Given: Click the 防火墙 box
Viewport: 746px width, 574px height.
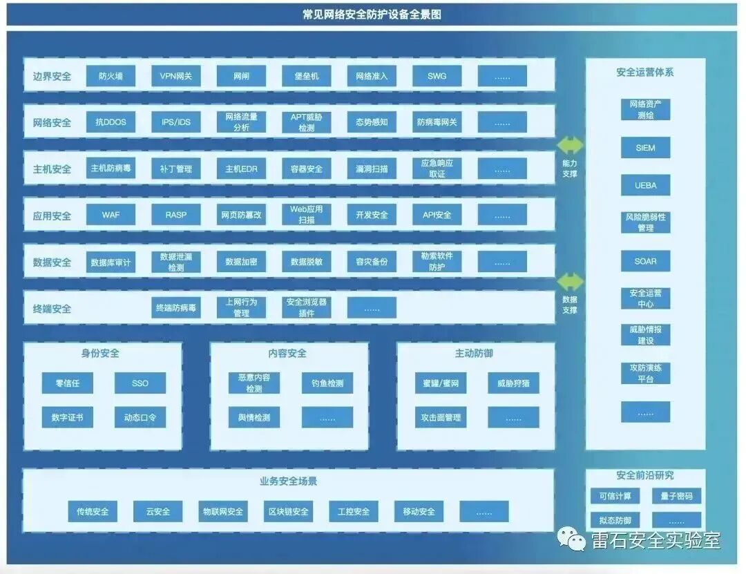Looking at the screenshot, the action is (x=111, y=76).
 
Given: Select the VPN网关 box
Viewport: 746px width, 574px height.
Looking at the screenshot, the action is (x=176, y=76).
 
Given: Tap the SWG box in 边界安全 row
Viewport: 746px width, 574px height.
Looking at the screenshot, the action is (x=437, y=76).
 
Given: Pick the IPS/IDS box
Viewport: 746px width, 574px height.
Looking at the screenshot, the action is (x=176, y=122).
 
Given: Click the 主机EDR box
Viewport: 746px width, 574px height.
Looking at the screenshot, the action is (x=241, y=169).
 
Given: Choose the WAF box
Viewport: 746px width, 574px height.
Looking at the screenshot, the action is (x=111, y=215).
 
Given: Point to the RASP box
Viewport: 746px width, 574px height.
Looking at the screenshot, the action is (x=176, y=215).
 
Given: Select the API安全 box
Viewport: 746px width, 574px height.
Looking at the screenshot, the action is (x=437, y=215).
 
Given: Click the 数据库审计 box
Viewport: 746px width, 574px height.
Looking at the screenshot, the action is (x=111, y=262).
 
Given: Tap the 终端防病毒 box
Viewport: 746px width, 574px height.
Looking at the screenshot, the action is (x=176, y=308).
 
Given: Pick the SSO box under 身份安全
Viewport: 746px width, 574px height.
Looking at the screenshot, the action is (x=140, y=383).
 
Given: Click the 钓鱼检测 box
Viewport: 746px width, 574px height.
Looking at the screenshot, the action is (x=327, y=383).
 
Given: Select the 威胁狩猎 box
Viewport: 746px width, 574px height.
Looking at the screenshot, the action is (x=513, y=383).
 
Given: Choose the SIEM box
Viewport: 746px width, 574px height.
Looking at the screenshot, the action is (x=645, y=148).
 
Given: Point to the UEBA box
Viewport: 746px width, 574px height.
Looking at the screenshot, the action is (x=645, y=185).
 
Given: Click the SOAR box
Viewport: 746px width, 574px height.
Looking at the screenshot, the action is (x=645, y=261).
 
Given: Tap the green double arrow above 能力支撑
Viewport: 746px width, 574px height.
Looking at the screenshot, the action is (x=570, y=145).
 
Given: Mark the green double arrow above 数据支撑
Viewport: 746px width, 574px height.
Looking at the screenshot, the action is (x=570, y=281).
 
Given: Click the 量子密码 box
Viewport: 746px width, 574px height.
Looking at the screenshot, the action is (x=676, y=496).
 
